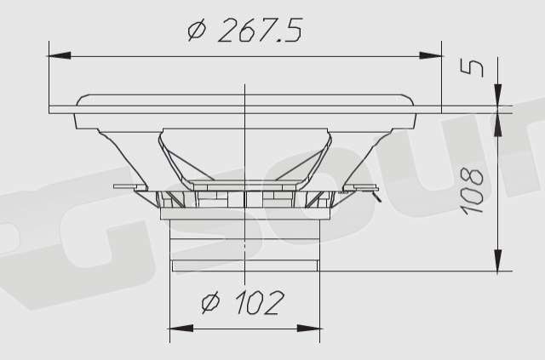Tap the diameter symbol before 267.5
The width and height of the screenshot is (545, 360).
197,31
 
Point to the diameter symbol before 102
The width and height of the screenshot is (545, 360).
211,303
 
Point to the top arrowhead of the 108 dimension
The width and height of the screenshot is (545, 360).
497,120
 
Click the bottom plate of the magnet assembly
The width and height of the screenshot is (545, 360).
246,266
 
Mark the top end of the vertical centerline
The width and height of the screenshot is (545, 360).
245,85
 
